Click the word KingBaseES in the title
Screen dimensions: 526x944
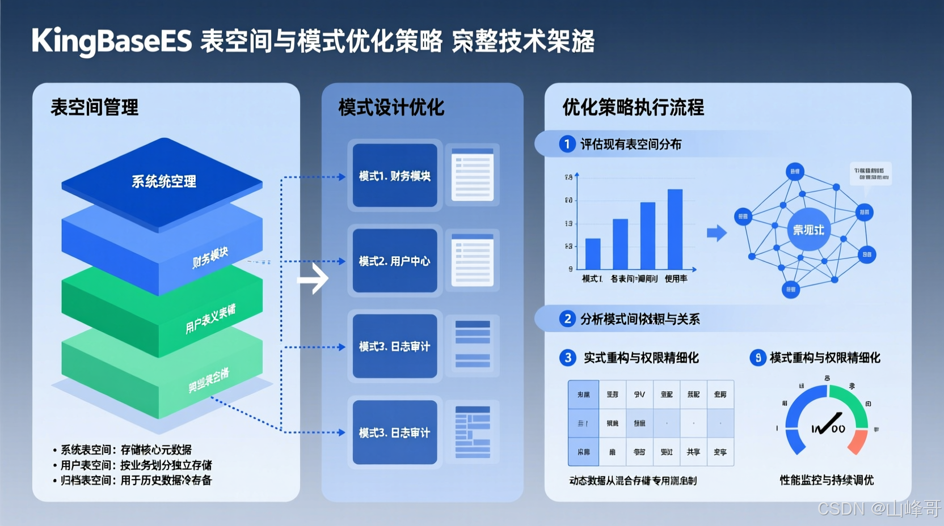[112, 41]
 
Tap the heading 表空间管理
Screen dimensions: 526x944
[95, 107]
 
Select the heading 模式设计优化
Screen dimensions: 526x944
[391, 107]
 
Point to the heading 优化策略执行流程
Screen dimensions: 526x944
[633, 107]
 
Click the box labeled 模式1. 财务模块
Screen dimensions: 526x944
[395, 176]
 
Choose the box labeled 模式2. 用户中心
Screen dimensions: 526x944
[395, 261]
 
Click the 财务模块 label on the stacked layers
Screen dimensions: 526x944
[210, 257]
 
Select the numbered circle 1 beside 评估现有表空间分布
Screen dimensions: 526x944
[567, 144]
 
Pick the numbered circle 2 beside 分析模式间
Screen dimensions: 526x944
[567, 319]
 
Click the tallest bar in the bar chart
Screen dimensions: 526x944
[675, 229]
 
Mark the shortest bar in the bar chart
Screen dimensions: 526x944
[593, 253]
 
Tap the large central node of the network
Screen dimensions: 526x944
[808, 230]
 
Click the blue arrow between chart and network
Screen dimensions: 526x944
[717, 232]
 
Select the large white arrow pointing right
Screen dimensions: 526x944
[314, 278]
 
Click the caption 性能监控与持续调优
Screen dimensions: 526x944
[827, 480]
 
